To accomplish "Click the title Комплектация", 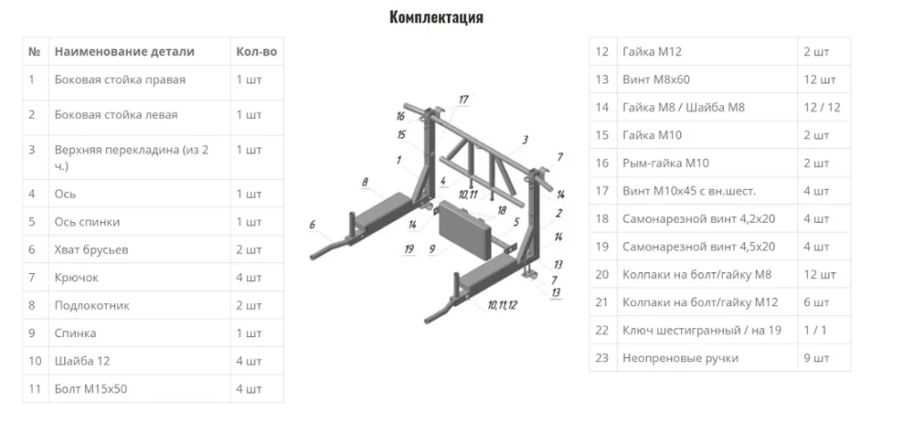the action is pos(436,17).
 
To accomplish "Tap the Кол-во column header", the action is pos(256,52).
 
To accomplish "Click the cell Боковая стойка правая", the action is pos(120,79).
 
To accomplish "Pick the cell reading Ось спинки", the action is pos(87,222).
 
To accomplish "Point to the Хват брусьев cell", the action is pos(92,249).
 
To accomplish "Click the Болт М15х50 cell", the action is pos(90,389).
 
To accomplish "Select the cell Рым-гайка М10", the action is pos(664,164).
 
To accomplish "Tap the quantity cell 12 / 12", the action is pos(822,108).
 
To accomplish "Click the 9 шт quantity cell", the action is pos(814,358).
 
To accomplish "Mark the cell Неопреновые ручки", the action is pos(679,358).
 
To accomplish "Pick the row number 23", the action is pos(601,358).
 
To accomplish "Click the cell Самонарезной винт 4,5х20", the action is pos(698,247).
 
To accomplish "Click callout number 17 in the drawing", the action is pos(463,100).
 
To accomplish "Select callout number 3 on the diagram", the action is pos(526,140).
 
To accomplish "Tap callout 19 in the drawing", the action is pos(409,248).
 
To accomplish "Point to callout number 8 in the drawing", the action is pos(365,183).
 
